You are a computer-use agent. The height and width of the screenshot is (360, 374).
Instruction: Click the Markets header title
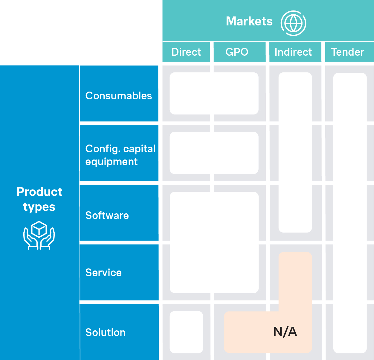coord(249,22)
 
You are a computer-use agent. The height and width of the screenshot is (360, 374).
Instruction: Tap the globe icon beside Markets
coord(293,23)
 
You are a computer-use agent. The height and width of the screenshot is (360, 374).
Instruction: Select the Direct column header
coord(186,52)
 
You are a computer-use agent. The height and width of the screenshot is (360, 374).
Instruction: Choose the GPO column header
coord(237,52)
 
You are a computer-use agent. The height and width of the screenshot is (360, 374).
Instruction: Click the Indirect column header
coord(293,52)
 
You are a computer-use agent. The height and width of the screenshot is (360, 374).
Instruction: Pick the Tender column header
coord(347,52)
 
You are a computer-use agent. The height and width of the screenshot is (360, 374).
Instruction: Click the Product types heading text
coord(39,199)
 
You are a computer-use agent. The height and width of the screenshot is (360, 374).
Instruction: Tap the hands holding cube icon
coord(39,236)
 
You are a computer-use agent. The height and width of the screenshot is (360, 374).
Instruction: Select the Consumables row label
coord(119,96)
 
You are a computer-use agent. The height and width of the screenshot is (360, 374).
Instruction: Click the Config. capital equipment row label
coord(120,155)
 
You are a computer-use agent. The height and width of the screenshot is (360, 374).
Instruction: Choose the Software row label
coord(107,215)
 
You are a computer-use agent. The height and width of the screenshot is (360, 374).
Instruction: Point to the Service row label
coord(103,273)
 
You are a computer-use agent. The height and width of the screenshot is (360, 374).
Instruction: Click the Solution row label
coord(105,332)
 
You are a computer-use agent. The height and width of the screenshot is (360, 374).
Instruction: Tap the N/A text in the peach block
coord(285,332)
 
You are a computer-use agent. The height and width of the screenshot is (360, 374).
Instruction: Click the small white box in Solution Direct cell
coord(186,332)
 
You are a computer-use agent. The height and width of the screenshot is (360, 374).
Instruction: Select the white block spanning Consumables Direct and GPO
coord(214,93)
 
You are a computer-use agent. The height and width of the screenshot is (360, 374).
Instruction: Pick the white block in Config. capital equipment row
coord(214,153)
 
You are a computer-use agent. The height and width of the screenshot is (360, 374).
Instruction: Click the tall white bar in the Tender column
coord(350,212)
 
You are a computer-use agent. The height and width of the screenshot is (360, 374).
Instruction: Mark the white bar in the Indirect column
coord(295,153)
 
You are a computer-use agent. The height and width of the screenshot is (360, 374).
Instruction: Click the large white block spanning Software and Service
coord(214,242)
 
